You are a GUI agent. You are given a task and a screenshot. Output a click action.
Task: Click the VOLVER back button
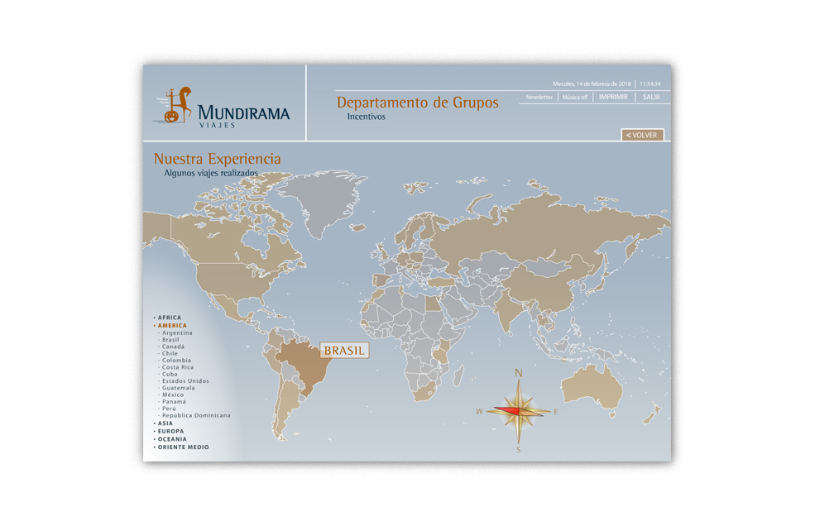coord(642,135)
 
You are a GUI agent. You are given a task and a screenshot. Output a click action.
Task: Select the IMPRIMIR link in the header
coord(613,97)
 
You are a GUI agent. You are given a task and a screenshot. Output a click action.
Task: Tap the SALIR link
coord(651,97)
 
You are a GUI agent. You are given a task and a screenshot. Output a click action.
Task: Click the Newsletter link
coord(539,97)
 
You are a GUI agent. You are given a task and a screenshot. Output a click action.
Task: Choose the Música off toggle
coord(575,97)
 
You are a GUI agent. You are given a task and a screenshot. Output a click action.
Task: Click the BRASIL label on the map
coord(344,351)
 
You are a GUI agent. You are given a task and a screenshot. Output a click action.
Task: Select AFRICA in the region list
coord(170,318)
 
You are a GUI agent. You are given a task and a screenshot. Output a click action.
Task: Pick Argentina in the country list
coord(177,333)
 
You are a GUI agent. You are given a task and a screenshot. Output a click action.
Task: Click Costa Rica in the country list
coord(178,367)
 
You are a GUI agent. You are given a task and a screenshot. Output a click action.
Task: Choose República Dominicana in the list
coord(196,415)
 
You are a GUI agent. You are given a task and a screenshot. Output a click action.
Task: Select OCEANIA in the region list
coord(172,439)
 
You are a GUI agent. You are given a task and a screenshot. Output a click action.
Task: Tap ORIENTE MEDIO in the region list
coord(183,447)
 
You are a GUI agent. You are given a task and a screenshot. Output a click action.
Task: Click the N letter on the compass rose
coord(519,373)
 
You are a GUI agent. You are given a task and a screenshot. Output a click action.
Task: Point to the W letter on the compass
coord(479,411)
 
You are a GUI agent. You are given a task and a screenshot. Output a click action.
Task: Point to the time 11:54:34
coord(650,84)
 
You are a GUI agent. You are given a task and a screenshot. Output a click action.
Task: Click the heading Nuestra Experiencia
coord(217,159)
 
